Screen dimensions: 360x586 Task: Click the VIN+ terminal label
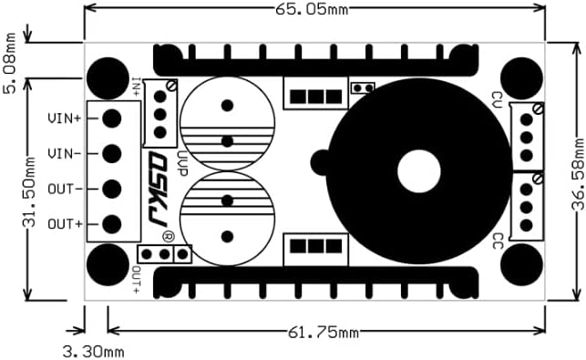pyautogui.click(x=65, y=118)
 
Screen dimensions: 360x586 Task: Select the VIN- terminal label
pyautogui.click(x=65, y=153)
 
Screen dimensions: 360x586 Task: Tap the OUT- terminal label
pyautogui.click(x=65, y=189)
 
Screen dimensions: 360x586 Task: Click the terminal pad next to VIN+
pyautogui.click(x=112, y=118)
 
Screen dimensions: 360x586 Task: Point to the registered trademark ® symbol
pyautogui.click(x=169, y=237)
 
